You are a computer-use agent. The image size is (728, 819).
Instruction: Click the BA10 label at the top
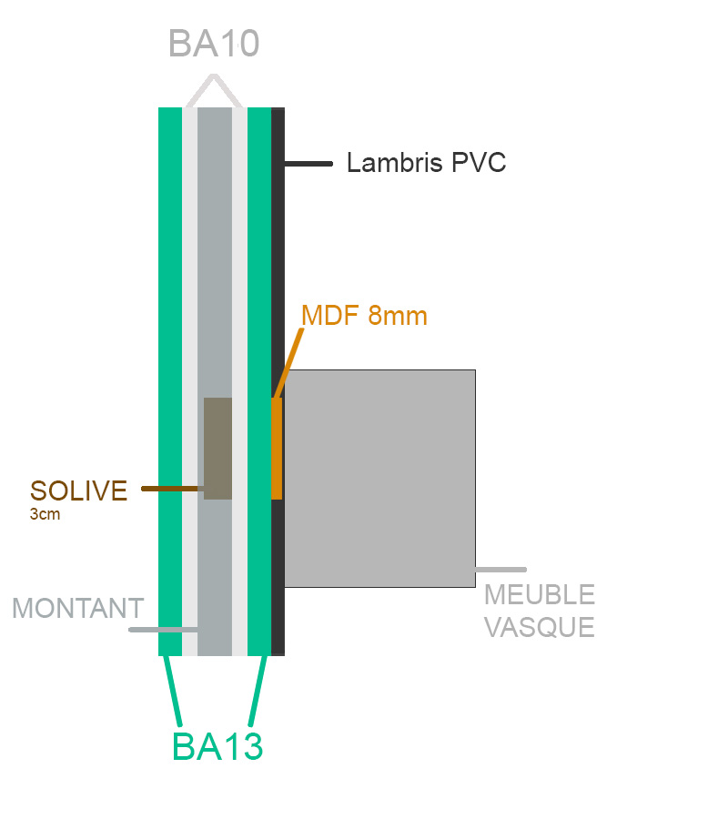click(214, 43)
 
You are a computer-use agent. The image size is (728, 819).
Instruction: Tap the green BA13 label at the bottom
click(217, 746)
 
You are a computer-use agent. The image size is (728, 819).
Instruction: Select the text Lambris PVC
click(426, 164)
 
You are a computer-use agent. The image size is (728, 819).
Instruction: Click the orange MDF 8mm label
click(364, 316)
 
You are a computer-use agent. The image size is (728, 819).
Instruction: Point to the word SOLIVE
click(78, 490)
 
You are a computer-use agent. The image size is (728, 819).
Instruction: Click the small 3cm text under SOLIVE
click(42, 514)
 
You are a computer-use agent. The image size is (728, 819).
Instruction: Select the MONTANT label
click(77, 608)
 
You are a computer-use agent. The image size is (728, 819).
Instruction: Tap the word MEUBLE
click(540, 595)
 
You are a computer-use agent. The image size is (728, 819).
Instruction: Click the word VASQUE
click(540, 627)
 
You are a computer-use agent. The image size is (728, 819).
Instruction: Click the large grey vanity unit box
click(380, 478)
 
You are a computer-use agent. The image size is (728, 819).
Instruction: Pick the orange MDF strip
click(277, 448)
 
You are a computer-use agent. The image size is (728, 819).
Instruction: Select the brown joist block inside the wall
click(217, 448)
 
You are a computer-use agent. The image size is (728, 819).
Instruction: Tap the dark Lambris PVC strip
click(278, 227)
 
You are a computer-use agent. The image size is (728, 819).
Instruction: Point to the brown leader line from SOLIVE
click(171, 489)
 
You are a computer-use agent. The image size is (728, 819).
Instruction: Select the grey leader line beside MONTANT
click(164, 629)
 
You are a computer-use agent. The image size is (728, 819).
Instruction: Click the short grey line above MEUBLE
click(500, 570)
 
